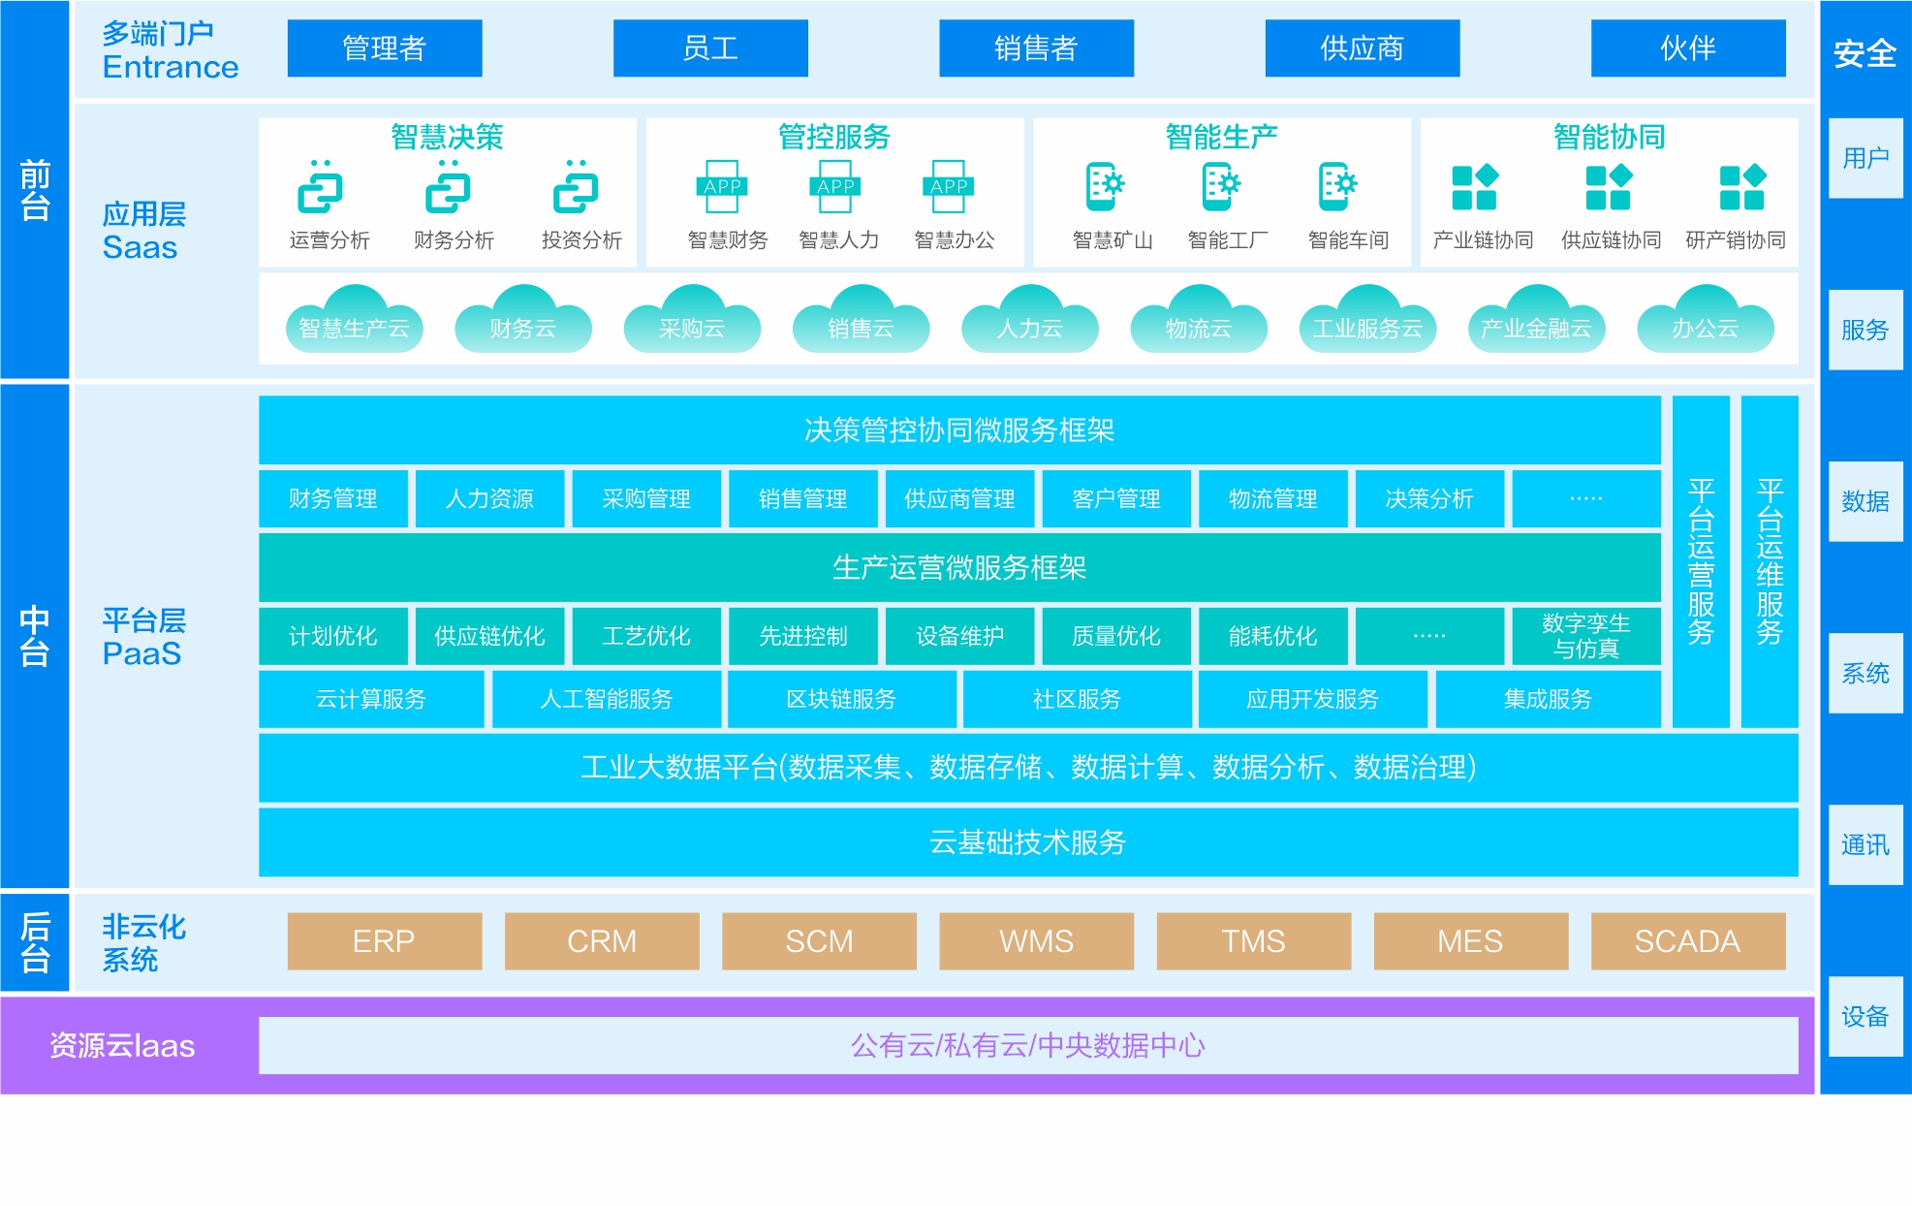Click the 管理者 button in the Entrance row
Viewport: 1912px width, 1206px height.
[384, 48]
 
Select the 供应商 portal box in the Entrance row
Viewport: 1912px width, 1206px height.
[1362, 48]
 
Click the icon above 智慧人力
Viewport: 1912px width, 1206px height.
[835, 186]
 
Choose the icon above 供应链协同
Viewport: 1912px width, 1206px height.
[1609, 187]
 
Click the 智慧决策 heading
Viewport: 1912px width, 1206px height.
[447, 137]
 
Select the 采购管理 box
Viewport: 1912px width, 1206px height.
[645, 498]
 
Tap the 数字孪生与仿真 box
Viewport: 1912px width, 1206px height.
[1585, 636]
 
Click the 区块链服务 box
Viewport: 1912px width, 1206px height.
[841, 699]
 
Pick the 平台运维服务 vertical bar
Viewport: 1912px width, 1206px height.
[1769, 561]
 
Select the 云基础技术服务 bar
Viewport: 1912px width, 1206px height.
[1027, 841]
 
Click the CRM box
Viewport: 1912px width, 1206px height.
[601, 940]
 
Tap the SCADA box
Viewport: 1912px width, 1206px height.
[1687, 940]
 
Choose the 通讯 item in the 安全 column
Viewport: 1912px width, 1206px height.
[1865, 844]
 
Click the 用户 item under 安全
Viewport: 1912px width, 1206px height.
[1865, 158]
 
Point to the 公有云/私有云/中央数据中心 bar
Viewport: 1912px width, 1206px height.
[1027, 1045]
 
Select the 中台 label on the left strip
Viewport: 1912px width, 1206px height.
[35, 635]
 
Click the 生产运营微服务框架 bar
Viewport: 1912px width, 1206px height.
[958, 567]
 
